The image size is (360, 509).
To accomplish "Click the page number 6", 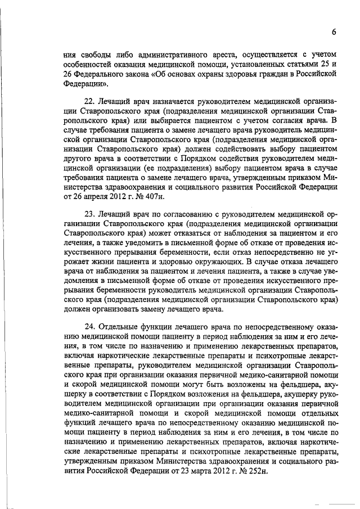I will tap(334, 33).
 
